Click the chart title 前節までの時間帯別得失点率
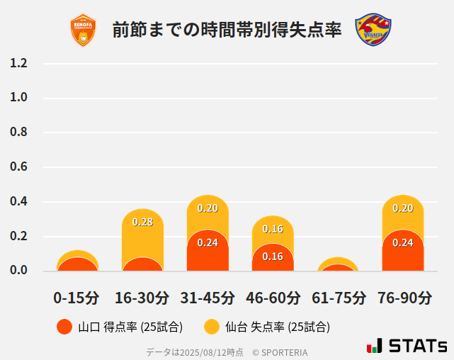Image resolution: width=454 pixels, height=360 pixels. point(227,30)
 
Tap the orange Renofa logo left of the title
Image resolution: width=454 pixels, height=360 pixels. point(83,30)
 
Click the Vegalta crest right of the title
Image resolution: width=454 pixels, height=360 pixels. point(373,30)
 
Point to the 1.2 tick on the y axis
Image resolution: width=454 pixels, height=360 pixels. point(18,63)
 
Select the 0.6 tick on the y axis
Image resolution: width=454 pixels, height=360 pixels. point(18,167)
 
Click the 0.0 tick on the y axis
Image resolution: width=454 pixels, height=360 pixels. point(18,271)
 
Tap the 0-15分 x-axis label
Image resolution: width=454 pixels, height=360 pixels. point(76,298)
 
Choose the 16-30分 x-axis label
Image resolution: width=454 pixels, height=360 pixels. point(142,298)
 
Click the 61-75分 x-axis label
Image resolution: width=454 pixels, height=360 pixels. point(339,298)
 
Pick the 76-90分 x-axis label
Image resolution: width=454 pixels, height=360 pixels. point(403,298)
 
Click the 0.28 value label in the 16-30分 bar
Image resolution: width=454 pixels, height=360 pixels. point(142,222)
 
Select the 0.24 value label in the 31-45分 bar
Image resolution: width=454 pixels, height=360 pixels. point(208,242)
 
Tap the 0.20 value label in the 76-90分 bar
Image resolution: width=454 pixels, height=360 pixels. point(403,208)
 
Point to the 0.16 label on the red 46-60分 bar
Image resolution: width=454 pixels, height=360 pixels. point(273,257)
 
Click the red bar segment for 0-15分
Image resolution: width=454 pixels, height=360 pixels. point(76,264)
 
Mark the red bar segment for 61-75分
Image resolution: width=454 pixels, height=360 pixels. point(338,268)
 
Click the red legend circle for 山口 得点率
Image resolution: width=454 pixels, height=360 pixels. point(64,327)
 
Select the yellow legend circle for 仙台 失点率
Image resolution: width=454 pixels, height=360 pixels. point(211,327)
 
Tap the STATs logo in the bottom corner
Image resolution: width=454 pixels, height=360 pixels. point(407,346)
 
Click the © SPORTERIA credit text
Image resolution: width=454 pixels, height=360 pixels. point(280,352)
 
